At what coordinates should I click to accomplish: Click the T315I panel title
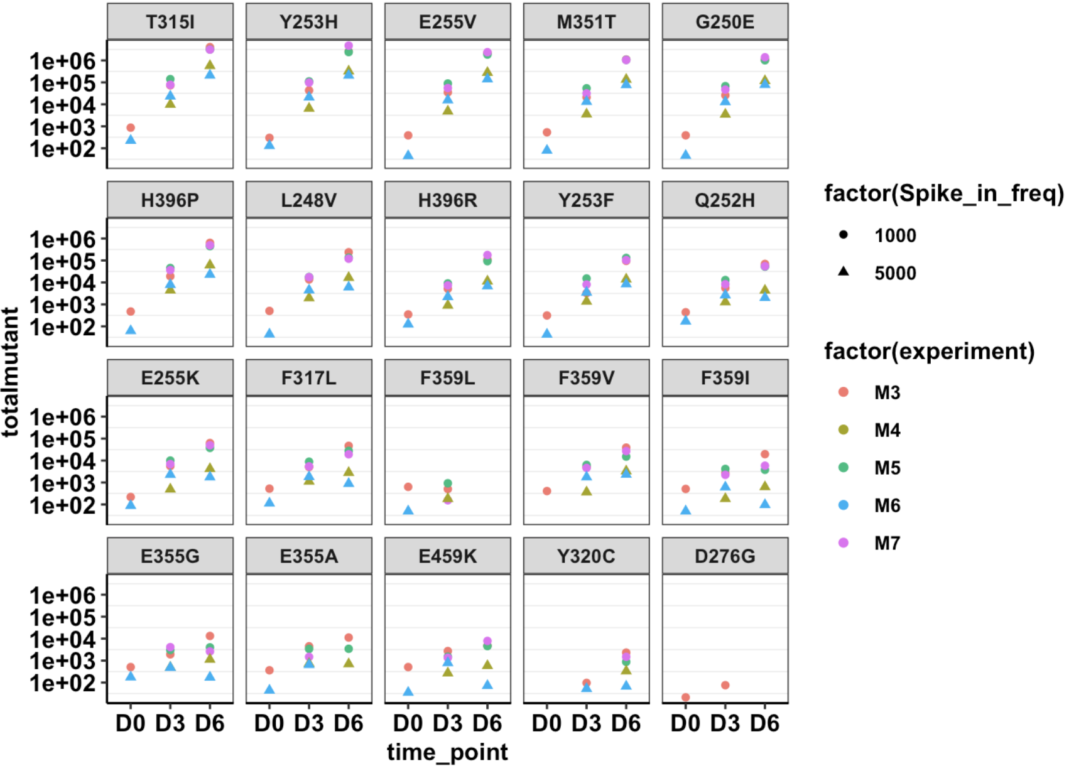[x=170, y=22]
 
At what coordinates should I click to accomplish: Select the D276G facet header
[x=725, y=556]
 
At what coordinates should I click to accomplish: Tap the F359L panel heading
[x=447, y=378]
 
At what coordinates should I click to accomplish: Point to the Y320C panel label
[x=586, y=556]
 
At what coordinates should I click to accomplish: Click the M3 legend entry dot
[x=844, y=392]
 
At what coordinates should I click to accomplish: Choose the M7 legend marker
[x=844, y=542]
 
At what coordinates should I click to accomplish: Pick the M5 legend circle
[x=844, y=468]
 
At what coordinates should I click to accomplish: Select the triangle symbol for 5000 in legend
[x=844, y=272]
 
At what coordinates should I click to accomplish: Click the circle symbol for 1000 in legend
[x=844, y=235]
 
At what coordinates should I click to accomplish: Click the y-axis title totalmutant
[x=11, y=372]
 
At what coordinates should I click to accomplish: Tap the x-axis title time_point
[x=447, y=752]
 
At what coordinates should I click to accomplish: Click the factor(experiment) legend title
[x=929, y=351]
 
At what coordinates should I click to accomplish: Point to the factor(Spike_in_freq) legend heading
[x=943, y=193]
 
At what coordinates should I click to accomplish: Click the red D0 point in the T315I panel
[x=131, y=128]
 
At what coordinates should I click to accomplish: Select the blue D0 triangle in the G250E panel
[x=686, y=154]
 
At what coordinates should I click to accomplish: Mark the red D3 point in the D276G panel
[x=725, y=685]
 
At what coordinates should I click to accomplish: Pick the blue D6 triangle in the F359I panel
[x=765, y=504]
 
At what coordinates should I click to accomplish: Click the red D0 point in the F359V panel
[x=547, y=491]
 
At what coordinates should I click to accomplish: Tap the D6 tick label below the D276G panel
[x=765, y=723]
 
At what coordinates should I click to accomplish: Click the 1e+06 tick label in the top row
[x=63, y=61]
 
